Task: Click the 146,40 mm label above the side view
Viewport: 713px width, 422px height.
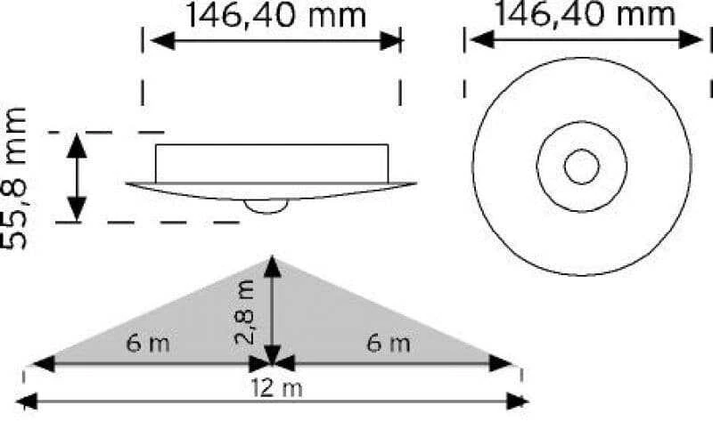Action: (x=276, y=15)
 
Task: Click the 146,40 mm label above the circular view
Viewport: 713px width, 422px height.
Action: (x=585, y=13)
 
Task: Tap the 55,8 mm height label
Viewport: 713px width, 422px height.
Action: (x=14, y=179)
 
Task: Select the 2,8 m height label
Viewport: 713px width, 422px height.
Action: (x=245, y=312)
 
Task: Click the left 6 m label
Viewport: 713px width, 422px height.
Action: (x=148, y=344)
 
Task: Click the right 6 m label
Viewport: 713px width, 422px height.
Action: (x=389, y=344)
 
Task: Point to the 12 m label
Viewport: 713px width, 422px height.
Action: (x=277, y=388)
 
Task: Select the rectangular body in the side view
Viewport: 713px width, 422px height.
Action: (x=272, y=164)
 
